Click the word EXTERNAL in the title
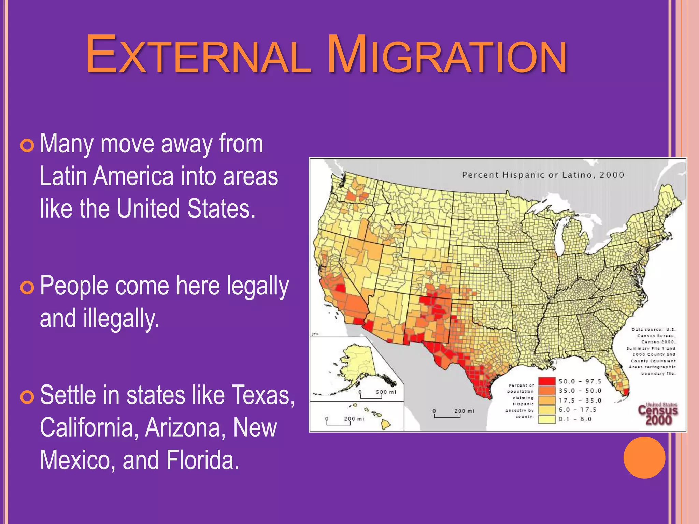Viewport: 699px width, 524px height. click(198, 55)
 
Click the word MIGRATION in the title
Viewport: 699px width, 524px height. click(447, 55)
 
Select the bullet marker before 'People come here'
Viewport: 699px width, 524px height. click(27, 288)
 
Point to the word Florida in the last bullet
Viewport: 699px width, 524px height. click(203, 460)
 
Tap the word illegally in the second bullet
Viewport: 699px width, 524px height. click(121, 319)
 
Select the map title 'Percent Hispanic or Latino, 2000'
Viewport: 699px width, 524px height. click(543, 175)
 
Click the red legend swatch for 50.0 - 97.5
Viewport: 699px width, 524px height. click(547, 381)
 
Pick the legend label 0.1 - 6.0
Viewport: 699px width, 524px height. click(575, 419)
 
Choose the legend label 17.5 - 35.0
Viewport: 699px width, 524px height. click(580, 400)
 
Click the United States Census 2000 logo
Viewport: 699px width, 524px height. click(658, 413)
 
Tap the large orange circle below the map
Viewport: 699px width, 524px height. click(644, 457)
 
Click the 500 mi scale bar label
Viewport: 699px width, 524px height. click(386, 392)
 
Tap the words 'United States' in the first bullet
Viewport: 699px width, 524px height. click(186, 208)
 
